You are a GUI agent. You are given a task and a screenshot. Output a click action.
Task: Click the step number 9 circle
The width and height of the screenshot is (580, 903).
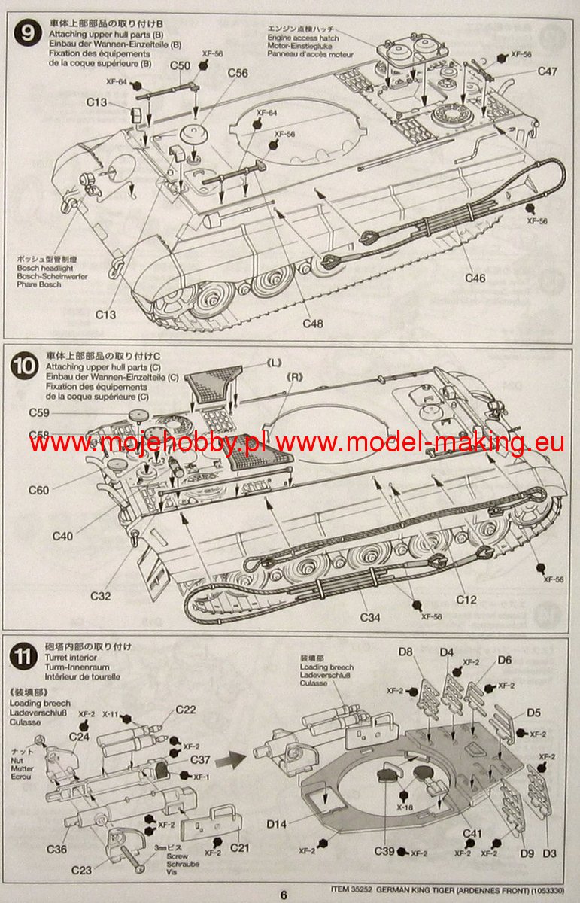27,35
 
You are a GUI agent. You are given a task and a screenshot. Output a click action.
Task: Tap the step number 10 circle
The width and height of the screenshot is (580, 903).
27,366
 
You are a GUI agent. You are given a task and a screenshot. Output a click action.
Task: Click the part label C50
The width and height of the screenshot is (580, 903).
179,65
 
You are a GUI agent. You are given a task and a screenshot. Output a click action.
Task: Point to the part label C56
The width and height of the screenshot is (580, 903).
237,73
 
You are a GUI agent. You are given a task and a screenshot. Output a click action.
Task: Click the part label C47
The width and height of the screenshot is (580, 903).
547,71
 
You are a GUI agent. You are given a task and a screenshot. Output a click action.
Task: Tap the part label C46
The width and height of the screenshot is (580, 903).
475,278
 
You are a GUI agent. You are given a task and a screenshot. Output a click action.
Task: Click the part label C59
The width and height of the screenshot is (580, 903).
39,412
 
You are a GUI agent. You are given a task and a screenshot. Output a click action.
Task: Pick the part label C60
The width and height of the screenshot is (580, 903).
38,491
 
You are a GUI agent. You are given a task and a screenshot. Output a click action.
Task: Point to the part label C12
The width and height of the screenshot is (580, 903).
466,600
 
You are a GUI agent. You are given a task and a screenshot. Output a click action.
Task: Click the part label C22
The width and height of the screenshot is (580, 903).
185,710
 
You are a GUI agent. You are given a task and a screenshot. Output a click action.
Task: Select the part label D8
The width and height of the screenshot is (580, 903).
406,652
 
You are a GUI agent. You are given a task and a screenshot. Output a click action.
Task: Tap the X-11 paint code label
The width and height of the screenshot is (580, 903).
111,713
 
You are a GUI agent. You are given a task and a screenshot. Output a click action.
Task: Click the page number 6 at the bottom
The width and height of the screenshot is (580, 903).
284,895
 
